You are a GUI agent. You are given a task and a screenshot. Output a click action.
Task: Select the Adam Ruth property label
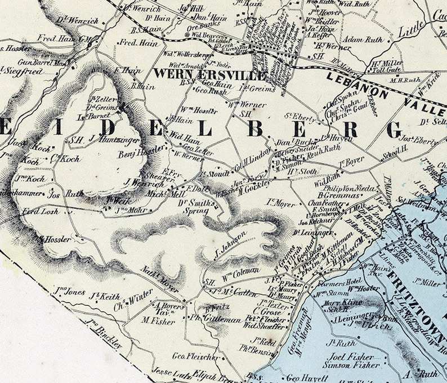point(363,40)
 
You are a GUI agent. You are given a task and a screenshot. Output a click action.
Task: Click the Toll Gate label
point(387,72)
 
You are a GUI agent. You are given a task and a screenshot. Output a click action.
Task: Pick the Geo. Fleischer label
point(195,357)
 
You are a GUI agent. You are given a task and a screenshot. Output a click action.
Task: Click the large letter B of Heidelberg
point(256,129)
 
